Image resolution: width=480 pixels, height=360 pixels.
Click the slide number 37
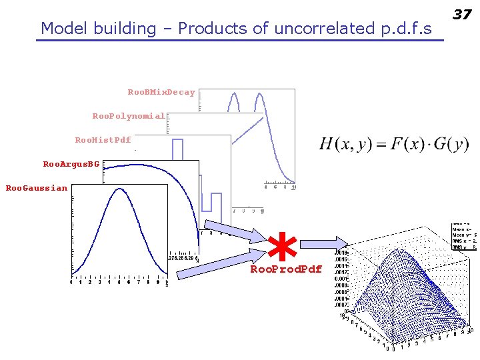pyautogui.click(x=463, y=14)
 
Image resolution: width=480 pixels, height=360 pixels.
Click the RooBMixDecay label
pyautogui.click(x=161, y=92)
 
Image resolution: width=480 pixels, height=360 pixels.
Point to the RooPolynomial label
pyautogui.click(x=128, y=116)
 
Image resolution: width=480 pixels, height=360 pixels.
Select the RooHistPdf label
pyautogui.click(x=103, y=140)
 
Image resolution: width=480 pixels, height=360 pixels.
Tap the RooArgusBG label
pyautogui.click(x=71, y=164)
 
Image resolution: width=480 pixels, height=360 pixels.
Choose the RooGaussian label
pyautogui.click(x=36, y=188)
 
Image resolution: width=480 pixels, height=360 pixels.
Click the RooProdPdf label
pyautogui.click(x=285, y=269)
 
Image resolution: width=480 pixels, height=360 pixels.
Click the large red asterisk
pyautogui.click(x=285, y=247)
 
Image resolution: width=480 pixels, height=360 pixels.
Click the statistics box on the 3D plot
pyautogui.click(x=464, y=236)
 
